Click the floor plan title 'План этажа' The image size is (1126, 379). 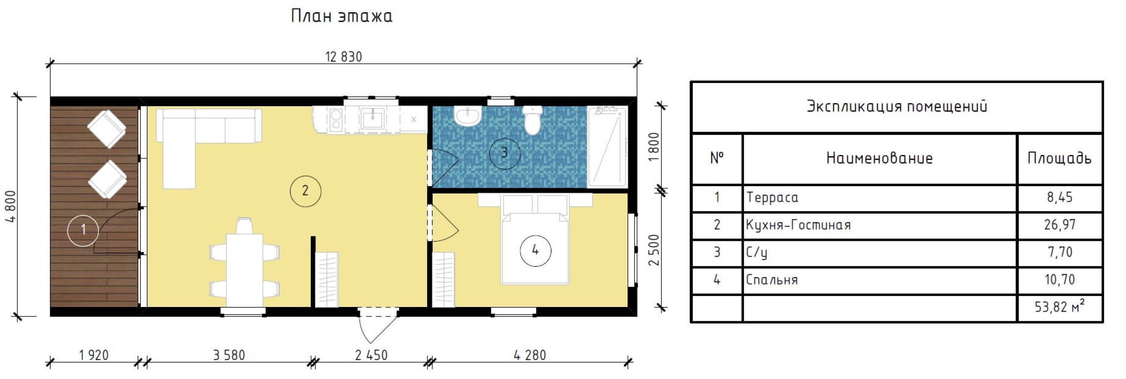point(341,16)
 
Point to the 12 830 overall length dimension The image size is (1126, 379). point(344,57)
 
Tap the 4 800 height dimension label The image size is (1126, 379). point(11,206)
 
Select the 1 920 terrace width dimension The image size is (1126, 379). point(93,355)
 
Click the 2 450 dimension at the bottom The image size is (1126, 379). point(371,355)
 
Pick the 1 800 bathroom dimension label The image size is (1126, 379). point(653,147)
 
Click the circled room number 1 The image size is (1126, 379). point(83,230)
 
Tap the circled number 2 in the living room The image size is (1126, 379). point(306,191)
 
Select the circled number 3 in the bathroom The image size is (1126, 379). point(505,153)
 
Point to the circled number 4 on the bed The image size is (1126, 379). point(536,250)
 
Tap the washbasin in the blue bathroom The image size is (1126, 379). point(468,116)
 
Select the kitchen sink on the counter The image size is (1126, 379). point(373,118)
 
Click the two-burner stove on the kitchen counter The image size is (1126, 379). point(336,120)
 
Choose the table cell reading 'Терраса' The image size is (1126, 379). point(772,198)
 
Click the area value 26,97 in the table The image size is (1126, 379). point(1060,225)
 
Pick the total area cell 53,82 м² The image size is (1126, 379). point(1060,306)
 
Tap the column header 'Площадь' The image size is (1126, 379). point(1059,158)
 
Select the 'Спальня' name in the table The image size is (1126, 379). point(772,280)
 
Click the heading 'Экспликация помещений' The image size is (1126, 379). point(896,107)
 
